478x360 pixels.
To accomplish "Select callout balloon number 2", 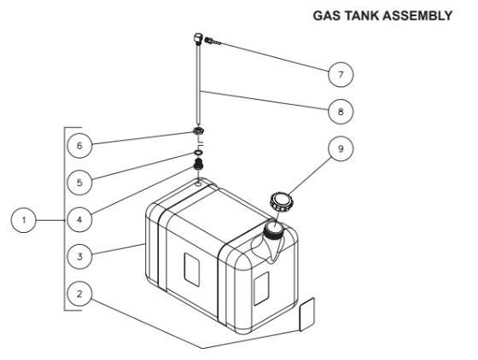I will click(x=79, y=294).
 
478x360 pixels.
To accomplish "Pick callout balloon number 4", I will click(x=79, y=219).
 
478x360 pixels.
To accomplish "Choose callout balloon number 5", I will click(x=79, y=183).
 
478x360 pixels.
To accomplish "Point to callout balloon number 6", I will click(x=79, y=146).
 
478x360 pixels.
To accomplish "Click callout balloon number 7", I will click(x=341, y=73).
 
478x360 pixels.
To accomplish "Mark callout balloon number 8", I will click(x=341, y=111).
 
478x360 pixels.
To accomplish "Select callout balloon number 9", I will click(x=341, y=148).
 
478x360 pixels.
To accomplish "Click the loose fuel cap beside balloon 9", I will click(x=280, y=203).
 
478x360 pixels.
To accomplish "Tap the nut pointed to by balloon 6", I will click(x=197, y=132).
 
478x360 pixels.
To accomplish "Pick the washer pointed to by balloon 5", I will click(x=197, y=154).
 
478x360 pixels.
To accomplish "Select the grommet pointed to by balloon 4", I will click(x=197, y=165).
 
